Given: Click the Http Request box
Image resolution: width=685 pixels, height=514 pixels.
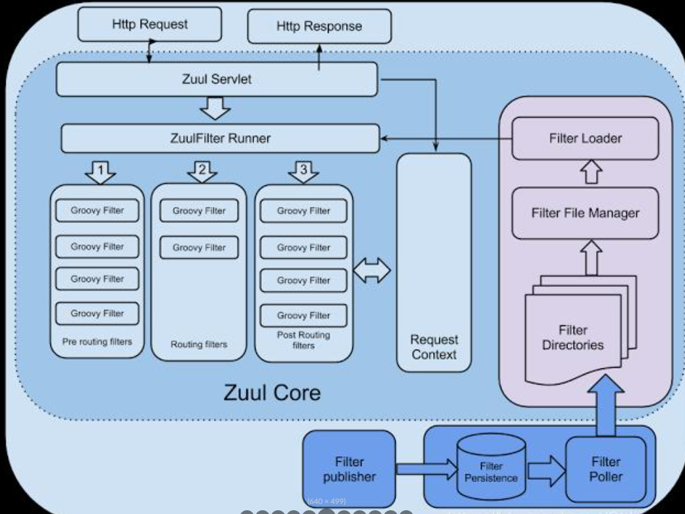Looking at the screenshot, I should (x=149, y=25).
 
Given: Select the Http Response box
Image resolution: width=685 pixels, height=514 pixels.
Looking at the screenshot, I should (x=319, y=27).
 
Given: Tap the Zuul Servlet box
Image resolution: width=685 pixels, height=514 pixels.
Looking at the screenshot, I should (x=217, y=79).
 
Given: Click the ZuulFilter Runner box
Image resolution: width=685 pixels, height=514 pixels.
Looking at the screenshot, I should (x=220, y=138).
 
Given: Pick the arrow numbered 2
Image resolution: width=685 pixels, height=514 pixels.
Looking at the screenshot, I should (x=202, y=171).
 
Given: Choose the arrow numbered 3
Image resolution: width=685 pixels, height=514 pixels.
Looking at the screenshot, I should (x=304, y=171).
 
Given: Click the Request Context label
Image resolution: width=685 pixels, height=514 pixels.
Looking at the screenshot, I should (x=434, y=347).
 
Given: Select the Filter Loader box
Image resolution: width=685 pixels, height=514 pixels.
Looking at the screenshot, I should (x=585, y=138).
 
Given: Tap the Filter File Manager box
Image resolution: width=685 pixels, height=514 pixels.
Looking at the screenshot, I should (x=585, y=213).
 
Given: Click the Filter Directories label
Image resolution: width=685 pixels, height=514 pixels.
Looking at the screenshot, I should (x=572, y=337).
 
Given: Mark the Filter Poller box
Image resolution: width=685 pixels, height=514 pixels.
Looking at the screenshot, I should (x=605, y=469).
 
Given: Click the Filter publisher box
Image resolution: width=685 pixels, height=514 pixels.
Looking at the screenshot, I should (x=349, y=469).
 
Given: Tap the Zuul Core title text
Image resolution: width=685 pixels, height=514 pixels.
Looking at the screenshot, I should (x=272, y=393).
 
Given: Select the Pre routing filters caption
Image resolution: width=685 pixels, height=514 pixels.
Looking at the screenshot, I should (x=97, y=342).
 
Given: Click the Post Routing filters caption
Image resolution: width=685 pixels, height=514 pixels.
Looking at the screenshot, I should (x=304, y=340).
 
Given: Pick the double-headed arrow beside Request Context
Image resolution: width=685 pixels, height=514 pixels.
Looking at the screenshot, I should (x=371, y=271).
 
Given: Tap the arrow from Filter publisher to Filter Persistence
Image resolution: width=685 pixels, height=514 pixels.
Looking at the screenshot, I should (x=426, y=468).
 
